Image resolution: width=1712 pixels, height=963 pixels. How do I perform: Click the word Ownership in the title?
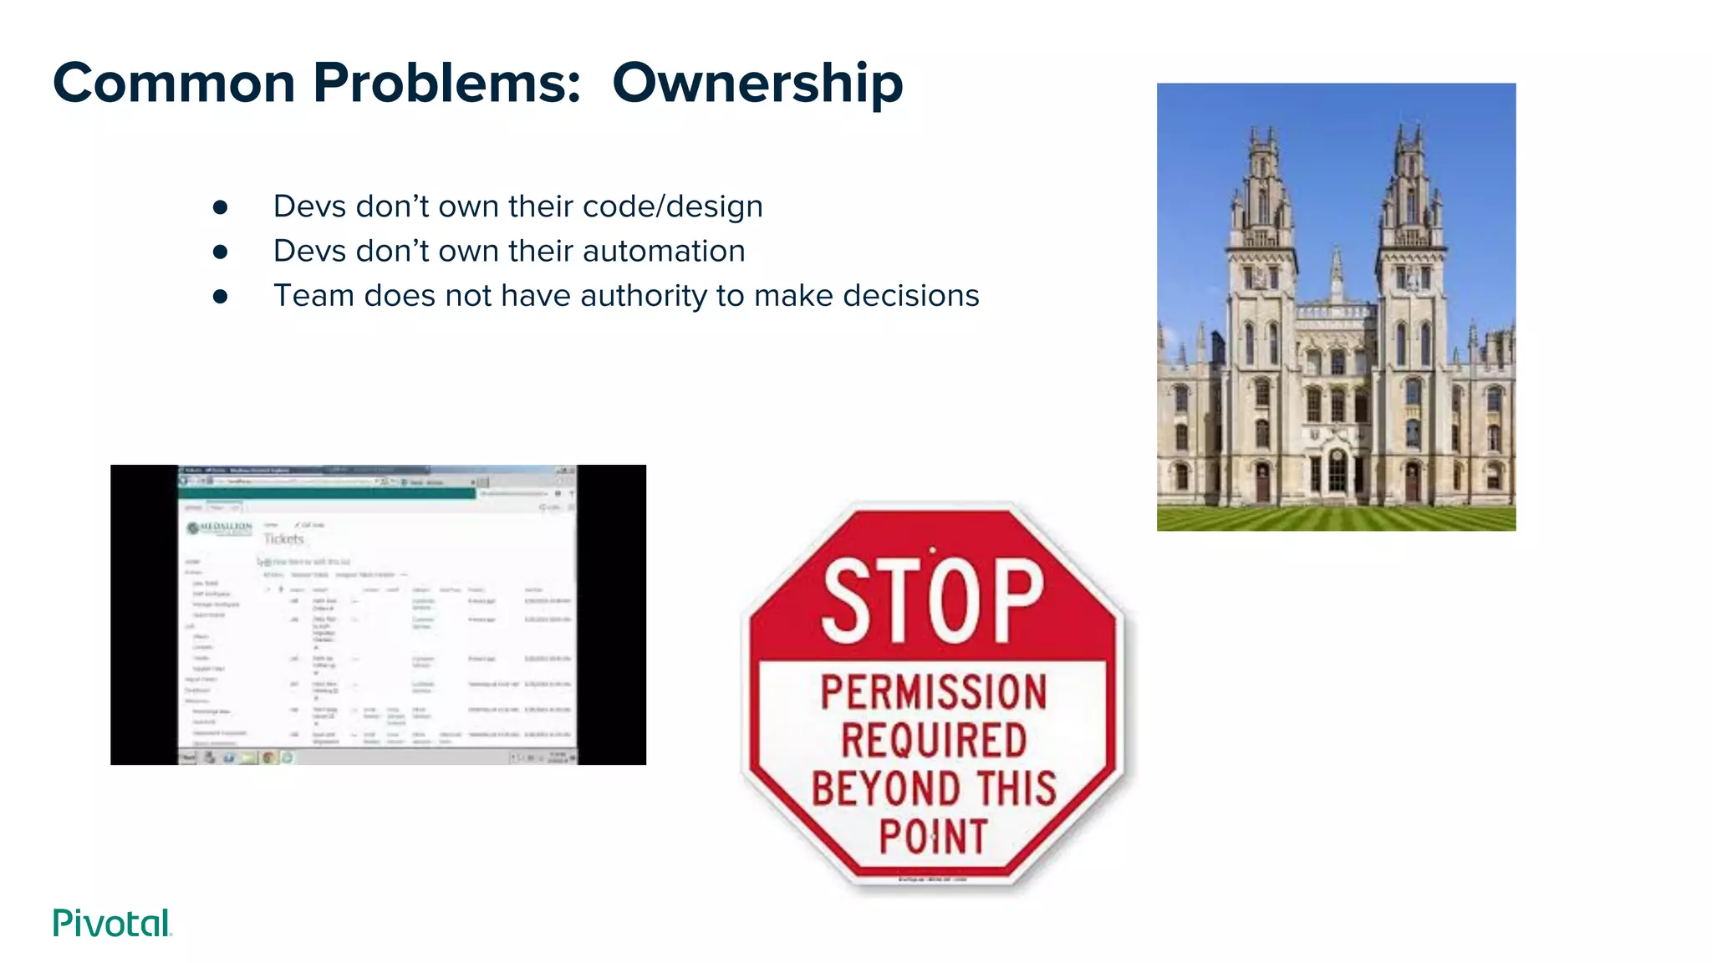pyautogui.click(x=757, y=84)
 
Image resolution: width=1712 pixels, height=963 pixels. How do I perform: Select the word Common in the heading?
pyautogui.click(x=174, y=84)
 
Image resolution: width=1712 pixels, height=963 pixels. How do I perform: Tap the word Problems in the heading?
pyautogui.click(x=446, y=84)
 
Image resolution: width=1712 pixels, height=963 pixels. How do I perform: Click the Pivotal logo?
pyautogui.click(x=112, y=923)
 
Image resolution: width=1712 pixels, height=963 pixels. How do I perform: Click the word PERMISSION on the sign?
pyautogui.click(x=933, y=692)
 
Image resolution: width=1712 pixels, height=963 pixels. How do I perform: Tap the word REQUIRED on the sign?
pyautogui.click(x=933, y=741)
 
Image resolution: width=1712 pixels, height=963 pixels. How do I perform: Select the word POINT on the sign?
pyautogui.click(x=933, y=837)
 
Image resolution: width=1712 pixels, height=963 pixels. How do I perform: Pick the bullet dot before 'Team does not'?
pyautogui.click(x=221, y=296)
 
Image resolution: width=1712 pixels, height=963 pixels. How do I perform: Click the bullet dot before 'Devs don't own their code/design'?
pyautogui.click(x=221, y=207)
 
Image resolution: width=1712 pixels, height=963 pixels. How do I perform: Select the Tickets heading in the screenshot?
pyautogui.click(x=283, y=539)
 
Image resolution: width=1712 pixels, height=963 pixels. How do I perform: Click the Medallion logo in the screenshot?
pyautogui.click(x=220, y=528)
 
